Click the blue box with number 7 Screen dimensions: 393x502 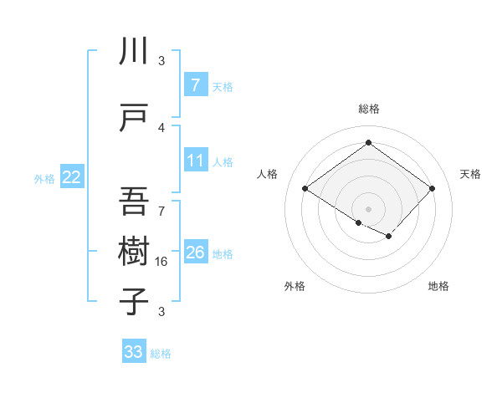195,84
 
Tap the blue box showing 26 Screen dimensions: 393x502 195,252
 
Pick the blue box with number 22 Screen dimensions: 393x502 72,176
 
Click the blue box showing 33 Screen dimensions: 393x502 133,352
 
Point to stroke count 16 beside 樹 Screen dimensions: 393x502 162,262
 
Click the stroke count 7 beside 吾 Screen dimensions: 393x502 161,211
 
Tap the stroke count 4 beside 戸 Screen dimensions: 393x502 161,127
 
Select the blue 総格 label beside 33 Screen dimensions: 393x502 161,354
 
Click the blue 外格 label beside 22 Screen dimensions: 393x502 44,178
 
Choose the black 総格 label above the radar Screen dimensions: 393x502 368,109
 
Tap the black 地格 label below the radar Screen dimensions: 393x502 438,286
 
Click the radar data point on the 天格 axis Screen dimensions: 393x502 432,189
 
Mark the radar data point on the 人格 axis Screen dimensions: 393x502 305,189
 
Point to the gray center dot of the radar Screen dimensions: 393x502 368,207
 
